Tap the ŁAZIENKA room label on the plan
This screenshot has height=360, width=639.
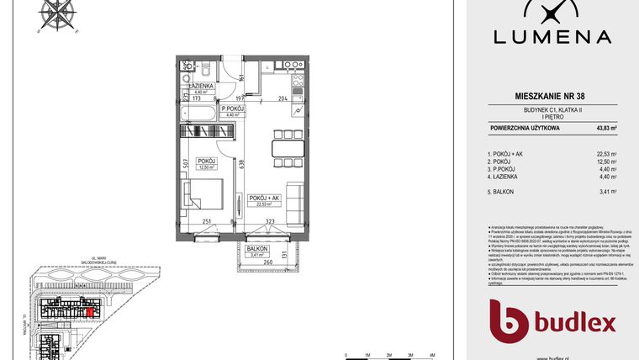coord(200,87)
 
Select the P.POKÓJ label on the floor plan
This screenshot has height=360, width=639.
coord(232,109)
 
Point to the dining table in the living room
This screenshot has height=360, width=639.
coord(283,150)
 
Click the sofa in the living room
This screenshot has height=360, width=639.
coord(295,199)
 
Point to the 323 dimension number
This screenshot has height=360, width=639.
coord(270,220)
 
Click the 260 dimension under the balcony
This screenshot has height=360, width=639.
coord(267,262)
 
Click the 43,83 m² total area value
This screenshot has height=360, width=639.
coord(606,127)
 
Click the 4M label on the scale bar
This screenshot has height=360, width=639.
coord(430,355)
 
